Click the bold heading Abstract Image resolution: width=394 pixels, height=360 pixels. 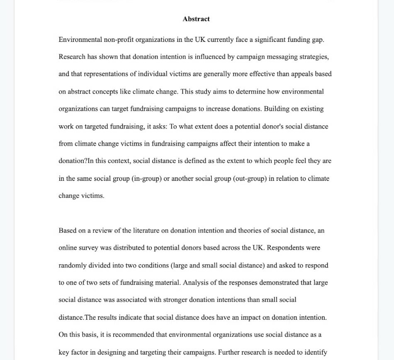pyautogui.click(x=196, y=19)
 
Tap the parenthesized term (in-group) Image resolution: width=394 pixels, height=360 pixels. pyautogui.click(x=146, y=179)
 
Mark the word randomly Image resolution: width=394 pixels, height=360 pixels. pyautogui.click(x=73, y=265)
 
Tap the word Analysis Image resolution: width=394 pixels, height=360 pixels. pyautogui.click(x=195, y=283)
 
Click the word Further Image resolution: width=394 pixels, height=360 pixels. pyautogui.click(x=229, y=353)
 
